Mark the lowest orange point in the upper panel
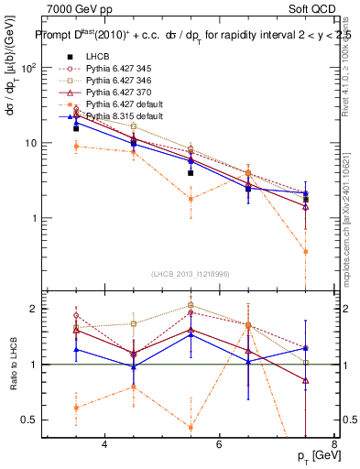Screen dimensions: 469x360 [332, 251]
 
